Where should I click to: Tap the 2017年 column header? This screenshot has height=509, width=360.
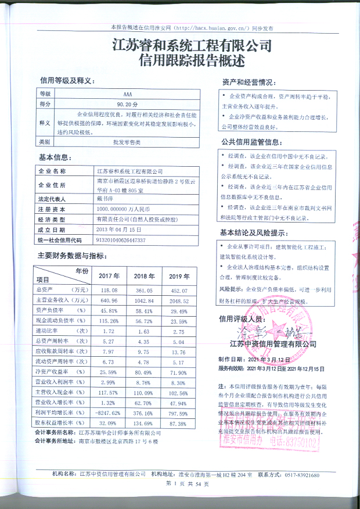[x=109, y=275]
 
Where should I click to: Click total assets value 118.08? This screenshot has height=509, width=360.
[x=109, y=289]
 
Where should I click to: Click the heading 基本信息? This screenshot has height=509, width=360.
[x=56, y=158]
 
